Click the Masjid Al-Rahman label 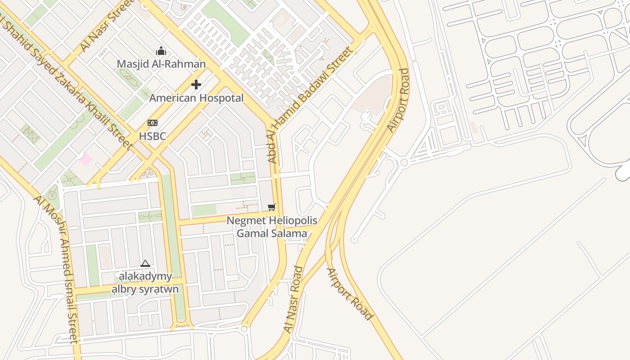(161, 64)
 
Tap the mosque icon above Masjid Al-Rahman (161, 51)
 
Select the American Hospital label (196, 98)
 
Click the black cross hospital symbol (196, 84)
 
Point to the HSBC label (152, 136)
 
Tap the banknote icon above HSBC (153, 123)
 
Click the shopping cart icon (271, 207)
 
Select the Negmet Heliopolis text (272, 221)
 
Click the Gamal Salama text (272, 234)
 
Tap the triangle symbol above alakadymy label (145, 263)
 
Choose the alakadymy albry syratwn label (145, 283)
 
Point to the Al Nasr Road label (293, 299)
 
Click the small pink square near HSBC (86, 159)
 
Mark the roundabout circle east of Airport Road (404, 162)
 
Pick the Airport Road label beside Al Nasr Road (350, 294)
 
